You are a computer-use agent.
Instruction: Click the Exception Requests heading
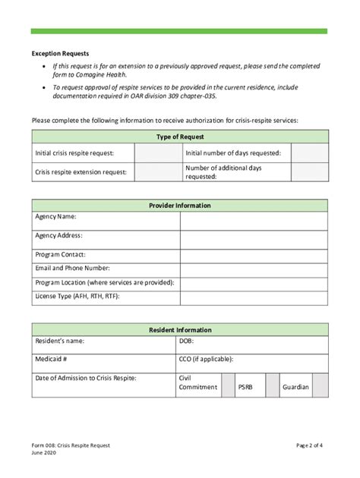(x=60, y=54)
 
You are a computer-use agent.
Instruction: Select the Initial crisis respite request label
(x=71, y=153)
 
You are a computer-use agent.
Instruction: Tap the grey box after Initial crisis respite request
(x=157, y=153)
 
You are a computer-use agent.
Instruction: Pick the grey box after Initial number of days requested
(x=309, y=153)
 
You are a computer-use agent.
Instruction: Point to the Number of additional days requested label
(x=219, y=172)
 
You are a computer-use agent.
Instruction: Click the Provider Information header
(x=180, y=206)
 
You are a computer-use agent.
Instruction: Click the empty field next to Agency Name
(x=254, y=220)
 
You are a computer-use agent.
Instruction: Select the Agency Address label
(x=59, y=236)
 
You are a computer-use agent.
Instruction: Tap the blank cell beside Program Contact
(x=254, y=255)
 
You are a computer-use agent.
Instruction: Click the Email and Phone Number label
(x=73, y=269)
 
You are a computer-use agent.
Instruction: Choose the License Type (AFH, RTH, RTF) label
(x=77, y=296)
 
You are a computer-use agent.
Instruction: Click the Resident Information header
(x=180, y=330)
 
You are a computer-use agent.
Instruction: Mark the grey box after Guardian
(x=321, y=386)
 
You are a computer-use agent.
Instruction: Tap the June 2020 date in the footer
(x=46, y=454)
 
